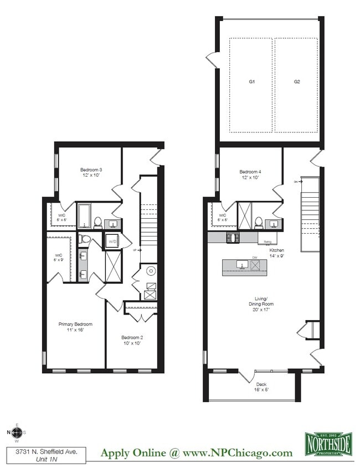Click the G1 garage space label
pos(251,81)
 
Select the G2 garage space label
pos(297,81)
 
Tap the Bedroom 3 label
pos(91,173)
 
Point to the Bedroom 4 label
pos(250,175)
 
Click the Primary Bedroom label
pos(75,327)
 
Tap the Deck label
pos(261,387)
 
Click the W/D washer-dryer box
pos(112,241)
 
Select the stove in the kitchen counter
pos(232,238)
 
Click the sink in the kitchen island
pos(241,265)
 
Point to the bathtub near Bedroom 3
pos(84,217)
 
